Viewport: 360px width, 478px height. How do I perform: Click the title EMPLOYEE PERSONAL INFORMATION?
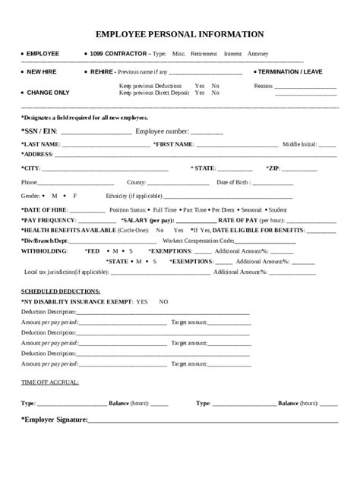[x=180, y=34]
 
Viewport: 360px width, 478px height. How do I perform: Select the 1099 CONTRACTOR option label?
[x=116, y=55]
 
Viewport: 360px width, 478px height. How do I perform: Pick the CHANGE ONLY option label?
[x=47, y=92]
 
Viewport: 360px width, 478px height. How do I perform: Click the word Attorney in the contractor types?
[x=257, y=55]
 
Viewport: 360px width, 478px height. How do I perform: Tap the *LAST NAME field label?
[x=41, y=143]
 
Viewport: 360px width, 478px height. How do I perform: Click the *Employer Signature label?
[x=54, y=420]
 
